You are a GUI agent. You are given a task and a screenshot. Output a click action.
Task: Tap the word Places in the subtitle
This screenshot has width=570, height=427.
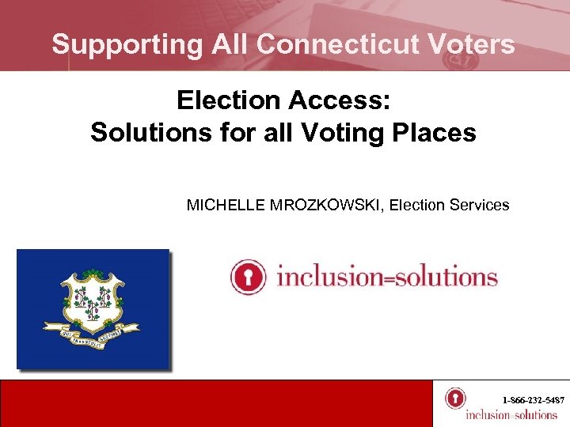pyautogui.click(x=435, y=132)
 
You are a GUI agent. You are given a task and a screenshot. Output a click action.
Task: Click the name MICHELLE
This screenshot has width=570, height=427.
pyautogui.click(x=221, y=206)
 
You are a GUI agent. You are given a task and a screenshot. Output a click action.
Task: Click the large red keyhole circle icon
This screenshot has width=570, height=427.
pyautogui.click(x=247, y=277)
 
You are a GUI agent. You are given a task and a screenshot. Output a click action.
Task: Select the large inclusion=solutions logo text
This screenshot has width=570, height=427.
pyautogui.click(x=386, y=278)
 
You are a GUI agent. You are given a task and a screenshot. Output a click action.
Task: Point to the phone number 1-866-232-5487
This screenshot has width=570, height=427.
pyautogui.click(x=533, y=401)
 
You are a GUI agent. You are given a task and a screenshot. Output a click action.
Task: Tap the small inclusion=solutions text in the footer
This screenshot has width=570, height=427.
pyautogui.click(x=511, y=415)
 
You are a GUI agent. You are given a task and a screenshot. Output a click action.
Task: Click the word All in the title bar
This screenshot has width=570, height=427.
pyautogui.click(x=230, y=44)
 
